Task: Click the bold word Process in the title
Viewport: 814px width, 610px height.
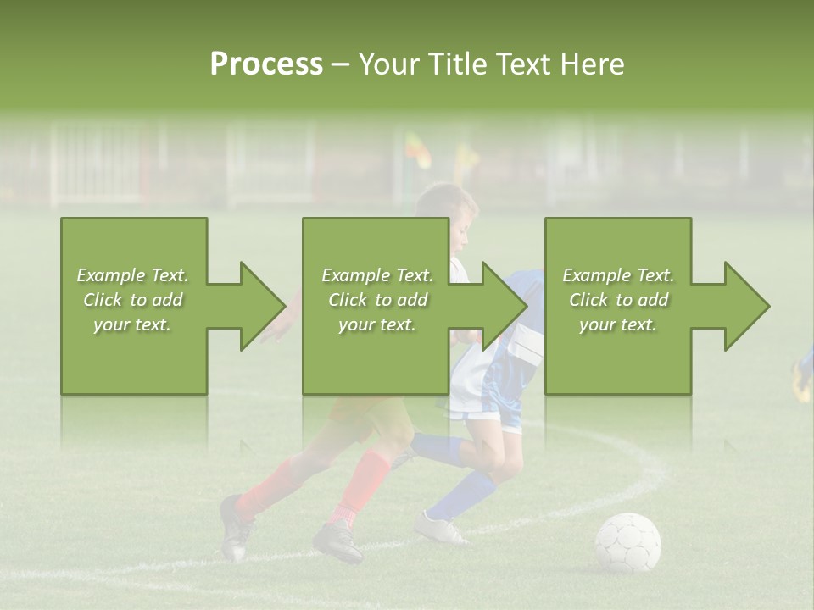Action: (x=266, y=64)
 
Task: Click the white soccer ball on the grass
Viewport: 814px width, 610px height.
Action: (x=627, y=542)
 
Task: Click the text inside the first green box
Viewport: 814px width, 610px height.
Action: (x=132, y=300)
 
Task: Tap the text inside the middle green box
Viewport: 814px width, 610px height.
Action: (x=376, y=300)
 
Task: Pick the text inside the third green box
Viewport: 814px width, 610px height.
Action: (x=617, y=300)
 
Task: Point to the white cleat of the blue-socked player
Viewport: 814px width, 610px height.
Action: (x=439, y=530)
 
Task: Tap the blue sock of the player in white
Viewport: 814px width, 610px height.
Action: (x=461, y=496)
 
